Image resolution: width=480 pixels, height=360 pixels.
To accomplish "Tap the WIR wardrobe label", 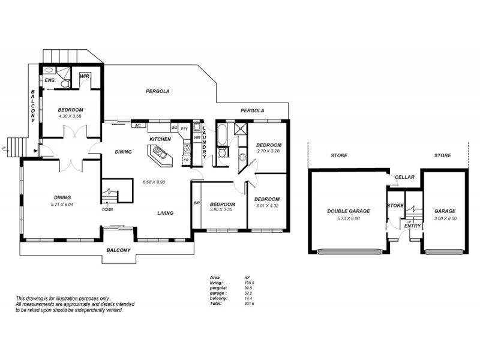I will pyautogui.click(x=85, y=76).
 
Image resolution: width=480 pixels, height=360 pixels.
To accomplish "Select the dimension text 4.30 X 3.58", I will pyautogui.click(x=70, y=116).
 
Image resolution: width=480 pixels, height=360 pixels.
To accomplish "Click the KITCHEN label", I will pyautogui.click(x=160, y=139).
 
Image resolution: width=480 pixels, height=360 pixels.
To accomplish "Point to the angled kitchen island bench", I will pyautogui.click(x=160, y=158).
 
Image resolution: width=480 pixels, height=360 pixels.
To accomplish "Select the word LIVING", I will pyautogui.click(x=166, y=213).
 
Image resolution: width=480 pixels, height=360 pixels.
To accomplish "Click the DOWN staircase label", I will pyautogui.click(x=107, y=209).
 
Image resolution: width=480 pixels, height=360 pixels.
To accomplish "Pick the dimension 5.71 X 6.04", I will pyautogui.click(x=62, y=204).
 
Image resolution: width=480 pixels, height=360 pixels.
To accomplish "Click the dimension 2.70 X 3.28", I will pyautogui.click(x=268, y=151).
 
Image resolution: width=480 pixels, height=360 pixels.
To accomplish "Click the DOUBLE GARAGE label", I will pyautogui.click(x=348, y=211).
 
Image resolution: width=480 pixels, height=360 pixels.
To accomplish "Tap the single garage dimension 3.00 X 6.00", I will pyautogui.click(x=445, y=218).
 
